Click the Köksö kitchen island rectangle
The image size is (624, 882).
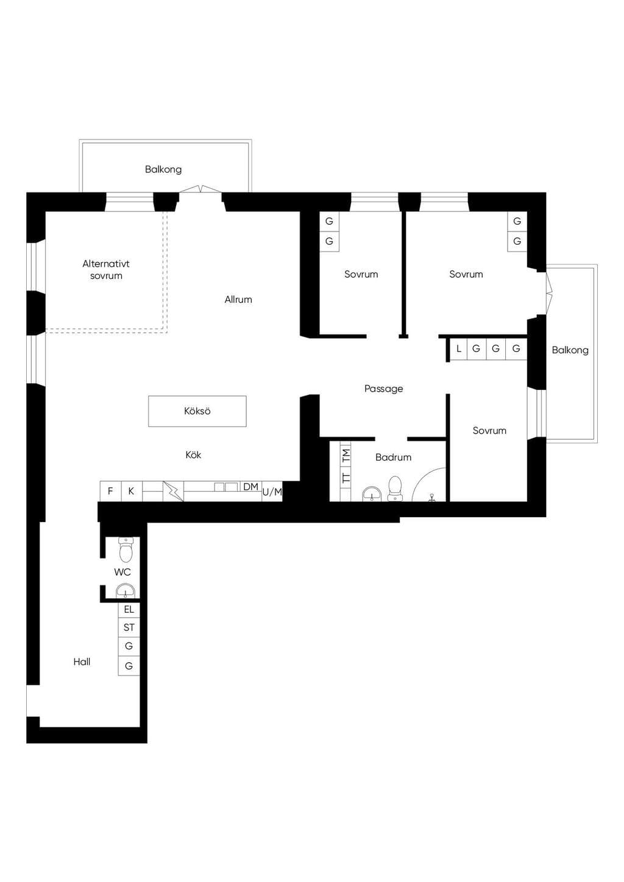[x=197, y=411]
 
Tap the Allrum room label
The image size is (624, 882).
[x=238, y=300]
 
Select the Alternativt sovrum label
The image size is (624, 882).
[x=106, y=270]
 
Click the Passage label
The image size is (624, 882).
[x=384, y=389]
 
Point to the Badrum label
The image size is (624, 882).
[x=393, y=457]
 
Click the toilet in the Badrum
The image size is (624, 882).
[x=395, y=489]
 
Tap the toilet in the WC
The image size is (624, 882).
[x=126, y=549]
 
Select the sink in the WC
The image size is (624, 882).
[x=126, y=591]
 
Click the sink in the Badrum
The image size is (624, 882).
[x=372, y=494]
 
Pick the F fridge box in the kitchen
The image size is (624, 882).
[x=111, y=491]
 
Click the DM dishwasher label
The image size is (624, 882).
[x=251, y=487]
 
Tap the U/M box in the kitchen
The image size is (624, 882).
[x=272, y=492]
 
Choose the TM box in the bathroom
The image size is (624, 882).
[x=346, y=456]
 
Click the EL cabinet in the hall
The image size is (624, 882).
[x=129, y=610]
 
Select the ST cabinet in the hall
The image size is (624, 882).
[x=129, y=627]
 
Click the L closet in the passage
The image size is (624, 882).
[x=458, y=349]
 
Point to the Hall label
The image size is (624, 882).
[x=82, y=662]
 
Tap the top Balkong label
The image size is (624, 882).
[x=163, y=170]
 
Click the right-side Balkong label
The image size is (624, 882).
[x=570, y=350]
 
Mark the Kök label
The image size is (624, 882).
[x=193, y=455]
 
